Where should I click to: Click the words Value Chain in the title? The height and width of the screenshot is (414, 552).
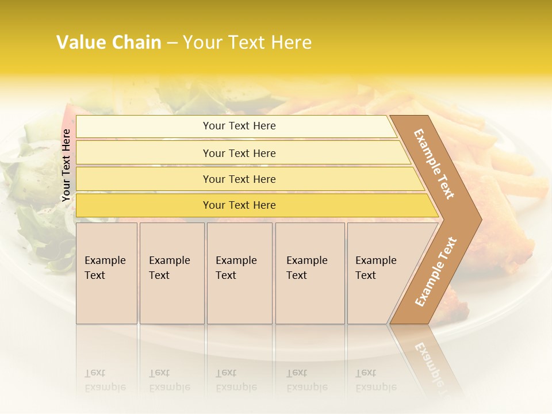pos(109,43)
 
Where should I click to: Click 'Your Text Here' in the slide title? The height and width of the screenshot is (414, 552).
pos(247,43)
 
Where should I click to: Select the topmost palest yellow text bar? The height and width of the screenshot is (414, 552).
pos(239,126)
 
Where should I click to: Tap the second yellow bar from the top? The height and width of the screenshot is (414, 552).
pos(239,153)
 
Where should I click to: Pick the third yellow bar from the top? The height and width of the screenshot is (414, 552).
pos(239,179)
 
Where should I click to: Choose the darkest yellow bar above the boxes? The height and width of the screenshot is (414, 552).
pos(239,205)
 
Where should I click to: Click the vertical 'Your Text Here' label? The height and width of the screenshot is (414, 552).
pos(66,165)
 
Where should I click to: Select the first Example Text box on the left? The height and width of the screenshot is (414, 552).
pos(106,273)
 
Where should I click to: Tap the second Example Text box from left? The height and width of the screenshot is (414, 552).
pos(171,273)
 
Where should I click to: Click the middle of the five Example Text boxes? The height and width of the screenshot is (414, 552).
pos(239,273)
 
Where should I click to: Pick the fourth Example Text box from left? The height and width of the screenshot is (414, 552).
pos(309,273)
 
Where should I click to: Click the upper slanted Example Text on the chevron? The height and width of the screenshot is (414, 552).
pos(434,164)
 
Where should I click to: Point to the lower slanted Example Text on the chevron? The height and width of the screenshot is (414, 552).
pos(435,271)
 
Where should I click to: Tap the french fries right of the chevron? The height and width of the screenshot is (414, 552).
pos(512,172)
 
